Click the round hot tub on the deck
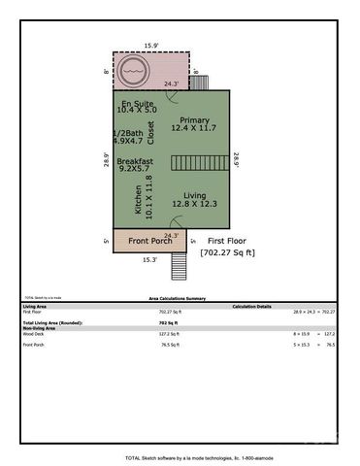tap(133, 71)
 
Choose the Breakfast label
tap(135, 163)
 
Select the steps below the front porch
tap(178, 265)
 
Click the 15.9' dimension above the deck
tap(149, 45)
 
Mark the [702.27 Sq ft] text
tap(227, 253)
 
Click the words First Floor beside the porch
tap(226, 240)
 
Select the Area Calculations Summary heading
tap(180, 299)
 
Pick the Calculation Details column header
tap(251, 306)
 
